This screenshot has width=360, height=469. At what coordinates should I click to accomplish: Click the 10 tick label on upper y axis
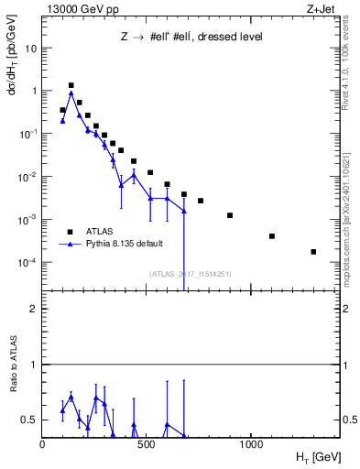click(30, 49)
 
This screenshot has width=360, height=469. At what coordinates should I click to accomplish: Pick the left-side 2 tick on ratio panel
click(34, 309)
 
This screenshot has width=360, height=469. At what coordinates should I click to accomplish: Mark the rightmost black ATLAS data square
click(313, 251)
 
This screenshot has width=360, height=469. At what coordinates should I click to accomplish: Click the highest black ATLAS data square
click(71, 85)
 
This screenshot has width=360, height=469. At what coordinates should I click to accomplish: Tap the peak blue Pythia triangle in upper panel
click(71, 93)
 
